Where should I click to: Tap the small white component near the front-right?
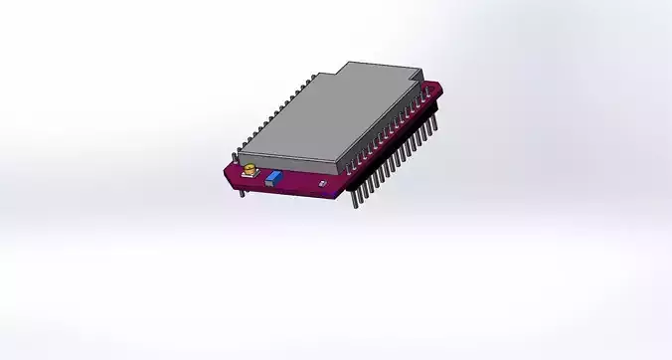(x=320, y=183)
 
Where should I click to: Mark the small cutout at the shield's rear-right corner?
(x=417, y=77)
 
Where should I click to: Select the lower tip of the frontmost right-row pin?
(x=355, y=209)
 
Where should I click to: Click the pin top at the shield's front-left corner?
(x=236, y=155)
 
